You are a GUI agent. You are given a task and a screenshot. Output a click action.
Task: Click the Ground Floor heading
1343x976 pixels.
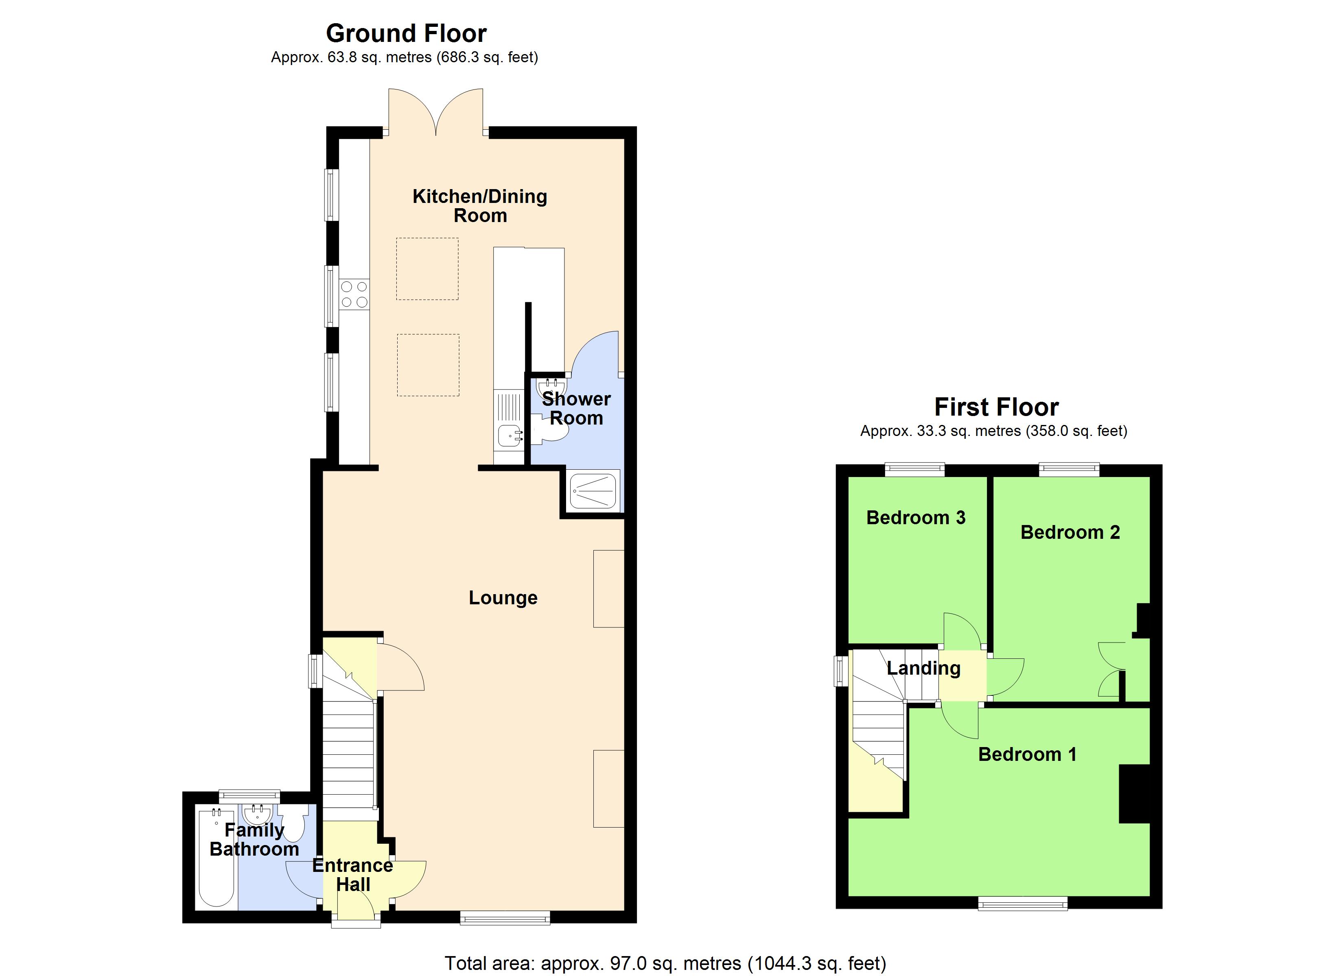click(x=406, y=33)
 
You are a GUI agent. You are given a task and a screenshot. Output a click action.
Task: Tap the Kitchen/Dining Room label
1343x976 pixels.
click(x=480, y=205)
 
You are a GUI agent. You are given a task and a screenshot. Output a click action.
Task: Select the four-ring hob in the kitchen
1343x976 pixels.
click(x=354, y=294)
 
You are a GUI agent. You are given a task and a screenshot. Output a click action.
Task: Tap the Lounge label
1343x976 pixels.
click(x=503, y=598)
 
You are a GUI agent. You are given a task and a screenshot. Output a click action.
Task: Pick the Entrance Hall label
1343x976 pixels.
click(x=353, y=874)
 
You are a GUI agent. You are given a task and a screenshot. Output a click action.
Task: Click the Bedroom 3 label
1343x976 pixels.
click(x=915, y=517)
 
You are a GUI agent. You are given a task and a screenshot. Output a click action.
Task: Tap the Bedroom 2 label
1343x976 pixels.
click(x=1070, y=532)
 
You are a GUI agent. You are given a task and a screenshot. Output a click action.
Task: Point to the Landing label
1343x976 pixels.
click(x=923, y=668)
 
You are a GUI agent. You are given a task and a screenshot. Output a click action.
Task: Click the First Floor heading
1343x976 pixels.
click(x=996, y=407)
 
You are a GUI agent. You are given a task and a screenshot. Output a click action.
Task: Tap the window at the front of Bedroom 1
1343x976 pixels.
click(x=1023, y=903)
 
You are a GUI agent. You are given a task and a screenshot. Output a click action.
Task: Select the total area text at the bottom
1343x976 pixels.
click(x=665, y=963)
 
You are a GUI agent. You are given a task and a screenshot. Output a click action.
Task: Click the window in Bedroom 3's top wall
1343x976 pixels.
click(x=914, y=469)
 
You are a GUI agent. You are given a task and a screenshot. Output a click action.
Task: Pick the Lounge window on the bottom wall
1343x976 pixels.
click(x=505, y=918)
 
